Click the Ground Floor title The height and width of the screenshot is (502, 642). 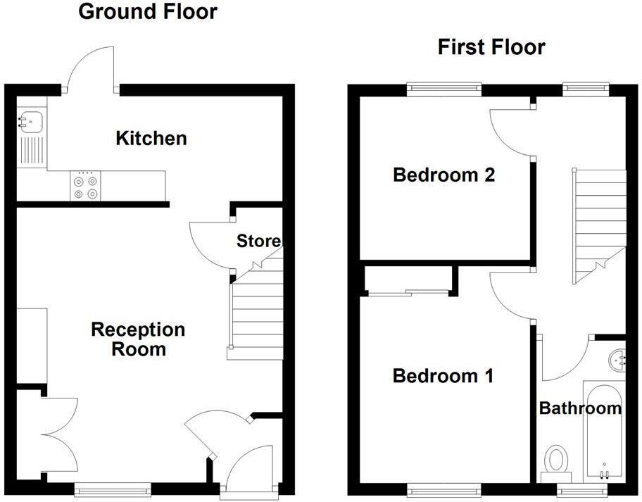pyautogui.click(x=147, y=12)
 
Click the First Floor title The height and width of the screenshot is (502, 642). pyautogui.click(x=491, y=47)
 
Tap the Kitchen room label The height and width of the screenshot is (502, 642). pyautogui.click(x=151, y=138)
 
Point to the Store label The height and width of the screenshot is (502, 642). pyautogui.click(x=258, y=241)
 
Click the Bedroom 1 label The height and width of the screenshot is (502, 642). pyautogui.click(x=443, y=376)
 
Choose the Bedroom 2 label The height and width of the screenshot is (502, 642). pyautogui.click(x=443, y=175)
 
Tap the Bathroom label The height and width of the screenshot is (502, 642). pyautogui.click(x=580, y=408)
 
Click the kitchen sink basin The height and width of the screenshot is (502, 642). pyautogui.click(x=32, y=122)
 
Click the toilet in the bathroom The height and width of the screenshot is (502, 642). pyautogui.click(x=556, y=461)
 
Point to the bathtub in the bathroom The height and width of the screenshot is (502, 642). pyautogui.click(x=603, y=429)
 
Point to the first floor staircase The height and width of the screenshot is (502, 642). pyautogui.click(x=600, y=218)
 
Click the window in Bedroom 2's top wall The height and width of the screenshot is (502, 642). pyautogui.click(x=444, y=89)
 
